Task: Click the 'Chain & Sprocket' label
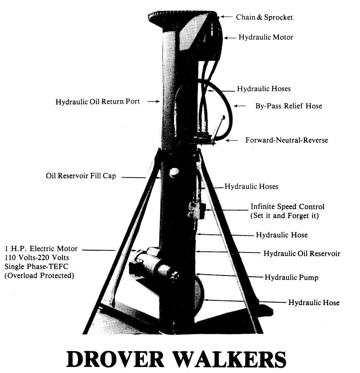[x=264, y=17]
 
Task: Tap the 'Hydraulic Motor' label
[x=266, y=37]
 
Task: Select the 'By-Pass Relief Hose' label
[x=288, y=106]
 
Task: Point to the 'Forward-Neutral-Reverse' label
[x=287, y=140]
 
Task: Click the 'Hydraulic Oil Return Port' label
[x=98, y=101]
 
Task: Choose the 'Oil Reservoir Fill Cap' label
[x=81, y=176]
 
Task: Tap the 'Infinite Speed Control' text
[x=287, y=206]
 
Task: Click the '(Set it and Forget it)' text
[x=285, y=216]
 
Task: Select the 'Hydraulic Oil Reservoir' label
[x=302, y=253]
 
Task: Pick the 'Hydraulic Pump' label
[x=292, y=277]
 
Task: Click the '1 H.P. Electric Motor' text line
[x=41, y=249]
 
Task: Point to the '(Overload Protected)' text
[x=39, y=275]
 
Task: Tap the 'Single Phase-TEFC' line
[x=36, y=267]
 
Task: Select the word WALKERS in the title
[x=232, y=359]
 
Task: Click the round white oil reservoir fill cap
[x=174, y=172]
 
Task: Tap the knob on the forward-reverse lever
[x=223, y=117]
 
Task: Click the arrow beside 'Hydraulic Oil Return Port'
[x=153, y=101]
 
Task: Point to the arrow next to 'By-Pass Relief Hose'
[x=240, y=106]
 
